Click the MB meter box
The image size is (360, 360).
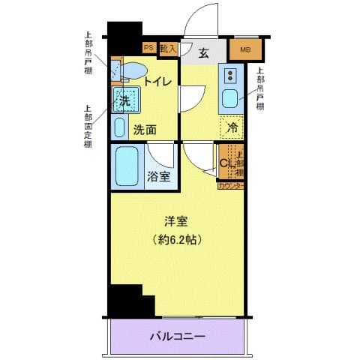click(x=245, y=51)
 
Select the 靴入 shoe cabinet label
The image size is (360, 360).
click(x=169, y=49)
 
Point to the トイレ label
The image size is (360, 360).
click(x=158, y=82)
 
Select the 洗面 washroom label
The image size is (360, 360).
click(x=145, y=129)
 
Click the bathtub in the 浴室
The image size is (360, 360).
click(x=127, y=166)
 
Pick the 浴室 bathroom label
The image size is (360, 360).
click(x=158, y=178)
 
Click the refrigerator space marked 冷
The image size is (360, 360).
click(x=232, y=127)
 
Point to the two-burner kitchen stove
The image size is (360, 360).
click(x=230, y=75)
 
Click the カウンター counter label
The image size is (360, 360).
click(x=231, y=186)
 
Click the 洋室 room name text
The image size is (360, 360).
click(x=178, y=221)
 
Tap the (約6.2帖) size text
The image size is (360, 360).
click(x=178, y=240)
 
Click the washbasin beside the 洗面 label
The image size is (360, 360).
click(x=120, y=127)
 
